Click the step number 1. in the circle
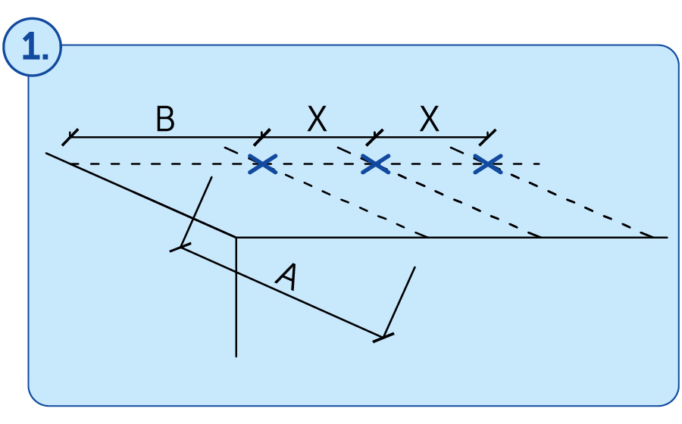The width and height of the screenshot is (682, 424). tap(35, 47)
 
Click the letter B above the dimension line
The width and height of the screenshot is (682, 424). tap(165, 119)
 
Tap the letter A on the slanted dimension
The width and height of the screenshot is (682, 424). tap(287, 276)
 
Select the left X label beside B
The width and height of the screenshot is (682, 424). tap(317, 119)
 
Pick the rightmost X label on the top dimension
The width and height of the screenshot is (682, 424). tap(430, 119)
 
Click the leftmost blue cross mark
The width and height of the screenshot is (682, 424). tap(263, 164)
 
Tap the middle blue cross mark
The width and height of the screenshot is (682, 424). tap(375, 164)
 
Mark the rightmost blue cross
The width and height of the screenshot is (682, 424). tap(488, 164)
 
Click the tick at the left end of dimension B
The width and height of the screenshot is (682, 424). tap(70, 137)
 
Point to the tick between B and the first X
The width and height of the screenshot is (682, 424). tap(262, 137)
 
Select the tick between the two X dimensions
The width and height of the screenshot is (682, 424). tap(374, 137)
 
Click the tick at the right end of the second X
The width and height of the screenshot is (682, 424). tap(487, 137)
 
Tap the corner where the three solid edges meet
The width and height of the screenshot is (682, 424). tap(236, 238)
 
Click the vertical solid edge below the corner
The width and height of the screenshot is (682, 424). tap(236, 297)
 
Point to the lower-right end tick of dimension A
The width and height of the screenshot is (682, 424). tap(383, 338)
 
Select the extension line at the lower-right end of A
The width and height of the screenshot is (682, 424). tap(399, 301)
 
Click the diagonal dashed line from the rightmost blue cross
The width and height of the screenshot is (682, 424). tap(552, 192)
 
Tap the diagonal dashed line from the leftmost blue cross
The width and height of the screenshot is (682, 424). tap(326, 192)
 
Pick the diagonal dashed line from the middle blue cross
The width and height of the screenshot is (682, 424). tap(439, 192)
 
